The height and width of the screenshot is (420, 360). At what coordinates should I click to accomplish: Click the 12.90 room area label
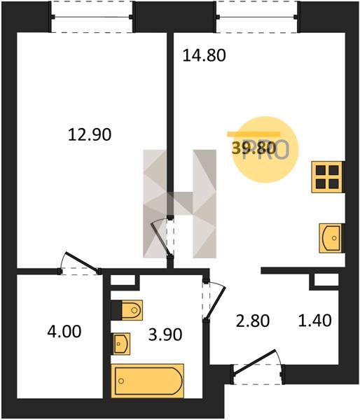(x=90, y=134)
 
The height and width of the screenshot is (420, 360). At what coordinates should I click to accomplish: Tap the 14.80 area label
(x=205, y=56)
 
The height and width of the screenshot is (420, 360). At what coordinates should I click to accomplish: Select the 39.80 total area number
(x=254, y=148)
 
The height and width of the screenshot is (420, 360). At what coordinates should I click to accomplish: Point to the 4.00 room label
(x=64, y=332)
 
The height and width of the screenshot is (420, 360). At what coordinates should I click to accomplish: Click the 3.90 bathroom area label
(x=165, y=335)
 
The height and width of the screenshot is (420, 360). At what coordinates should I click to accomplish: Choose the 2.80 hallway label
(x=253, y=321)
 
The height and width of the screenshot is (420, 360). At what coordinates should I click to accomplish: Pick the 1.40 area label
(x=315, y=321)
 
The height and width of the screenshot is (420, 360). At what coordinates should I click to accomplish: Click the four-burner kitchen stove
(x=327, y=177)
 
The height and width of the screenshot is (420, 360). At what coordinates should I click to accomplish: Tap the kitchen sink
(x=331, y=238)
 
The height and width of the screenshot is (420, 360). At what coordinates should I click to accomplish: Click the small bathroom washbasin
(x=122, y=344)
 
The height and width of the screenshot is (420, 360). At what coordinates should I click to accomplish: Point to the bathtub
(x=147, y=381)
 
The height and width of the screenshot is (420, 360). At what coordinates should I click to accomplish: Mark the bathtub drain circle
(x=121, y=381)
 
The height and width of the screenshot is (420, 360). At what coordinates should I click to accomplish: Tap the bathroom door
(x=214, y=300)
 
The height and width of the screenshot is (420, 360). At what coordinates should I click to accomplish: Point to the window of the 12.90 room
(x=92, y=17)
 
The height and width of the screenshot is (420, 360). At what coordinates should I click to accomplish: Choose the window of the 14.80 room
(x=257, y=17)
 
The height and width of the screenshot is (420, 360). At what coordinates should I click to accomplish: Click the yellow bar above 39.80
(x=254, y=134)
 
